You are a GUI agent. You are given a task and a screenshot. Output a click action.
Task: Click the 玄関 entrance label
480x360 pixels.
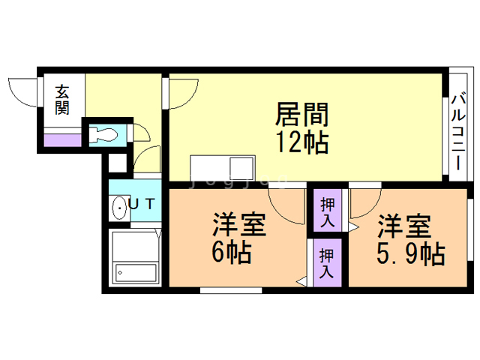(x=62, y=100)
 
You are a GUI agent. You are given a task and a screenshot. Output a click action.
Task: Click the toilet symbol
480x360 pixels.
(x=106, y=135)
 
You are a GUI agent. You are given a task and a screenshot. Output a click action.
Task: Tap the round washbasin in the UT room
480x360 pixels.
(x=118, y=207)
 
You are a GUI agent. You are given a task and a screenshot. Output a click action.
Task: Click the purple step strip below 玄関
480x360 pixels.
(x=62, y=139)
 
